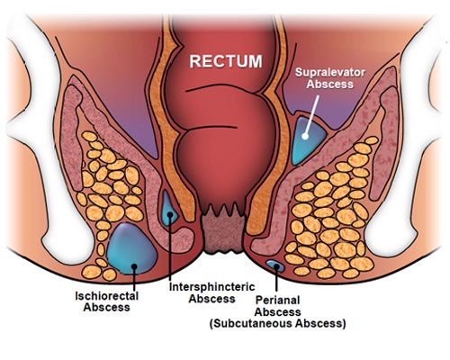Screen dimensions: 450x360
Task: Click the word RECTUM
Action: pyautogui.click(x=226, y=61)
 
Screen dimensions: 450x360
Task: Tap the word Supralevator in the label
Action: pyautogui.click(x=330, y=72)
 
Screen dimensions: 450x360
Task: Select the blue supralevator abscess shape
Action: pyautogui.click(x=308, y=140)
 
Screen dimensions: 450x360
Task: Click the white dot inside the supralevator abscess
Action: pyautogui.click(x=305, y=137)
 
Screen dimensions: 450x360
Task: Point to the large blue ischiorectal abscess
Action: pyautogui.click(x=131, y=249)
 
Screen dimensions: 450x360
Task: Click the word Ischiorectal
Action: pyautogui.click(x=106, y=296)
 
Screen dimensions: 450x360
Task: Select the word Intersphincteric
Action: pyautogui.click(x=211, y=287)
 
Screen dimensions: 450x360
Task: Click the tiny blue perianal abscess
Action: pyautogui.click(x=275, y=265)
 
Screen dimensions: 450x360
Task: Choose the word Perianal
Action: pyautogui.click(x=277, y=300)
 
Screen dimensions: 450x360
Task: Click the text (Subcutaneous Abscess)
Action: pyautogui.click(x=277, y=324)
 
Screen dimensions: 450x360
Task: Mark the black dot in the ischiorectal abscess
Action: pyautogui.click(x=134, y=266)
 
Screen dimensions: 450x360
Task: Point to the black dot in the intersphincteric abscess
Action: pyautogui.click(x=170, y=214)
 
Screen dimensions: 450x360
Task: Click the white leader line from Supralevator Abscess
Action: pyautogui.click(x=311, y=114)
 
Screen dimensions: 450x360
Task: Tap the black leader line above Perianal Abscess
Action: pyautogui.click(x=276, y=278)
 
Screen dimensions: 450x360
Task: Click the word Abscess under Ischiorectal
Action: pyautogui.click(x=106, y=308)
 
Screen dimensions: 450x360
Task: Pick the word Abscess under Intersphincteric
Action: pyautogui.click(x=211, y=299)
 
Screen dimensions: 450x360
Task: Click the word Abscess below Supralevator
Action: pyautogui.click(x=330, y=85)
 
